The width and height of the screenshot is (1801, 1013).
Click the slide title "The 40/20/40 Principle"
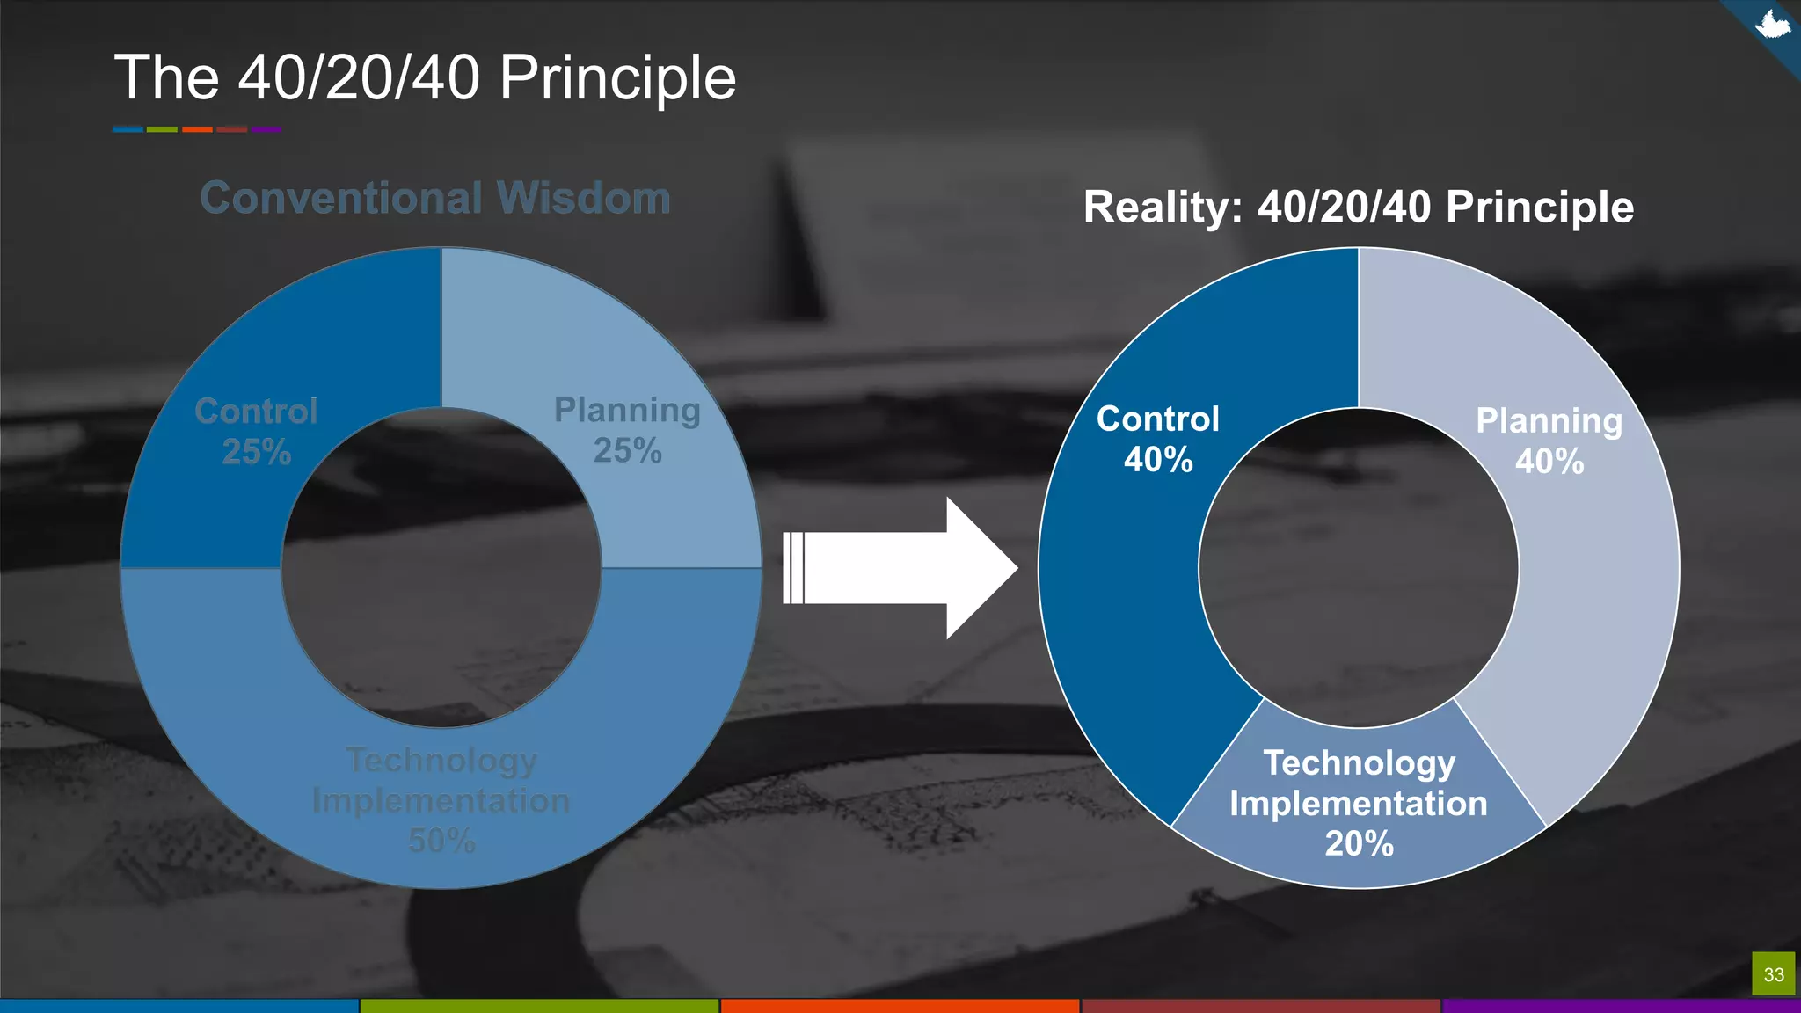pyautogui.click(x=425, y=77)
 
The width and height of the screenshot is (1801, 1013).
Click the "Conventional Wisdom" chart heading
pyautogui.click(x=435, y=198)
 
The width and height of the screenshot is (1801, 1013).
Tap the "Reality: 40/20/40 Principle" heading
pyautogui.click(x=1359, y=208)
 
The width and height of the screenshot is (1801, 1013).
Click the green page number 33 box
pyautogui.click(x=1773, y=974)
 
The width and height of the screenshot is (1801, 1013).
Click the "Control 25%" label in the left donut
pyautogui.click(x=256, y=431)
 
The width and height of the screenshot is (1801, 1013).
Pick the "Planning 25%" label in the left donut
pyautogui.click(x=627, y=430)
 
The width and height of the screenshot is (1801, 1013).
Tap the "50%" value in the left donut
pyautogui.click(x=441, y=842)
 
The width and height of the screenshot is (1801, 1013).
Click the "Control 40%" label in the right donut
pyautogui.click(x=1158, y=439)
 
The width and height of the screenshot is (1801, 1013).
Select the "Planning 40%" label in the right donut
pyautogui.click(x=1549, y=441)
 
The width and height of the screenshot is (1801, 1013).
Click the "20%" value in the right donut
pyautogui.click(x=1360, y=844)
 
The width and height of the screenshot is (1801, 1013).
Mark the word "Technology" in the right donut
pyautogui.click(x=1360, y=763)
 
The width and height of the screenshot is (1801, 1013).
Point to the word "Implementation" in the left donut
pyautogui.click(x=441, y=801)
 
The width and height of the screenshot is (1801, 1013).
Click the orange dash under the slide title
pyautogui.click(x=197, y=129)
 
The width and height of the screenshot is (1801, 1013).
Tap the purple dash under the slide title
pyautogui.click(x=266, y=129)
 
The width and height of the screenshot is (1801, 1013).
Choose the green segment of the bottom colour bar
pyautogui.click(x=539, y=1005)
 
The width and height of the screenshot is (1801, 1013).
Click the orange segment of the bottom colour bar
pyautogui.click(x=900, y=1005)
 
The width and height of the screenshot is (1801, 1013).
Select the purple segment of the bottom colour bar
pyautogui.click(x=1621, y=1005)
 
